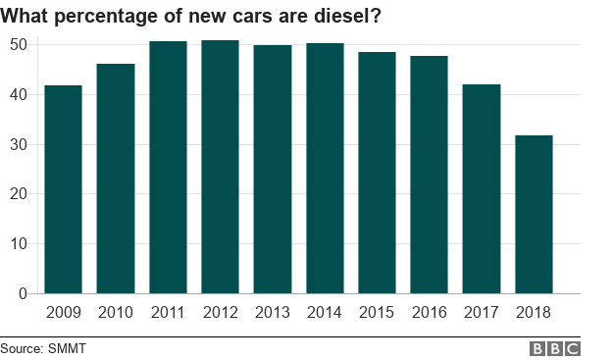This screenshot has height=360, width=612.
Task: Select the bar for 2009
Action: pos(64,189)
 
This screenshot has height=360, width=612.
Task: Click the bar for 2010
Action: pos(116,179)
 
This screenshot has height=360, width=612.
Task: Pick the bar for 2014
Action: pos(325,169)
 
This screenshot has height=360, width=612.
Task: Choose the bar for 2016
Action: pos(429,175)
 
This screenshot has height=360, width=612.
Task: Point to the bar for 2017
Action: pos(482,188)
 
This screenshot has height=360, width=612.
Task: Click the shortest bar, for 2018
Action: pos(534,214)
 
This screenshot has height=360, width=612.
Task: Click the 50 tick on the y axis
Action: pos(19,45)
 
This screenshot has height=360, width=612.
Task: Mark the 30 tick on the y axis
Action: pos(19,144)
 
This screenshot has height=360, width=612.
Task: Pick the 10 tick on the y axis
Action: pos(19,243)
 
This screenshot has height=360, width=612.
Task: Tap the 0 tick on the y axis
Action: pos(24,293)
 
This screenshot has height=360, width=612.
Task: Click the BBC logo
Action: pos(555,348)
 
